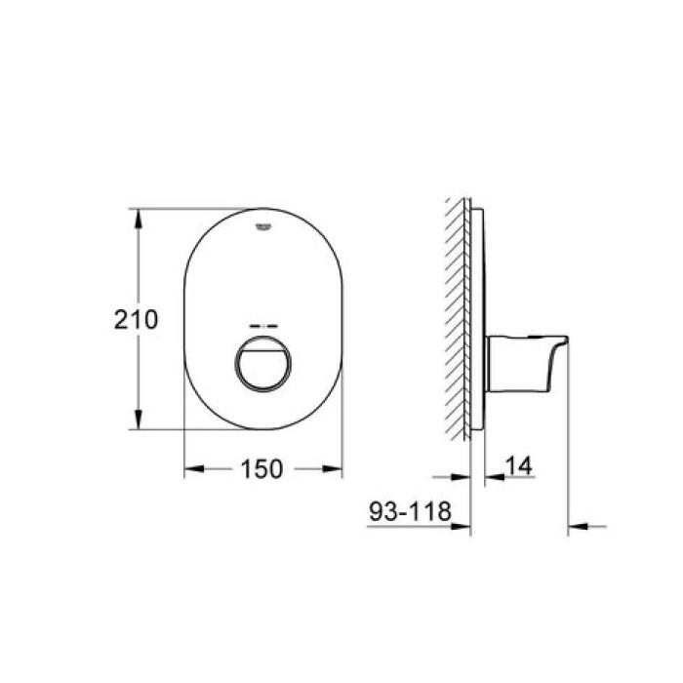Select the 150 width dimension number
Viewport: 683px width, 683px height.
click(262, 469)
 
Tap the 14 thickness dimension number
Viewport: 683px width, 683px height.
click(519, 467)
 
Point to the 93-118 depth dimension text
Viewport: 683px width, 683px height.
click(407, 508)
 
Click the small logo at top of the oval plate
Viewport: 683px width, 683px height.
click(262, 227)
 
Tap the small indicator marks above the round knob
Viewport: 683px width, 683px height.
click(262, 326)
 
